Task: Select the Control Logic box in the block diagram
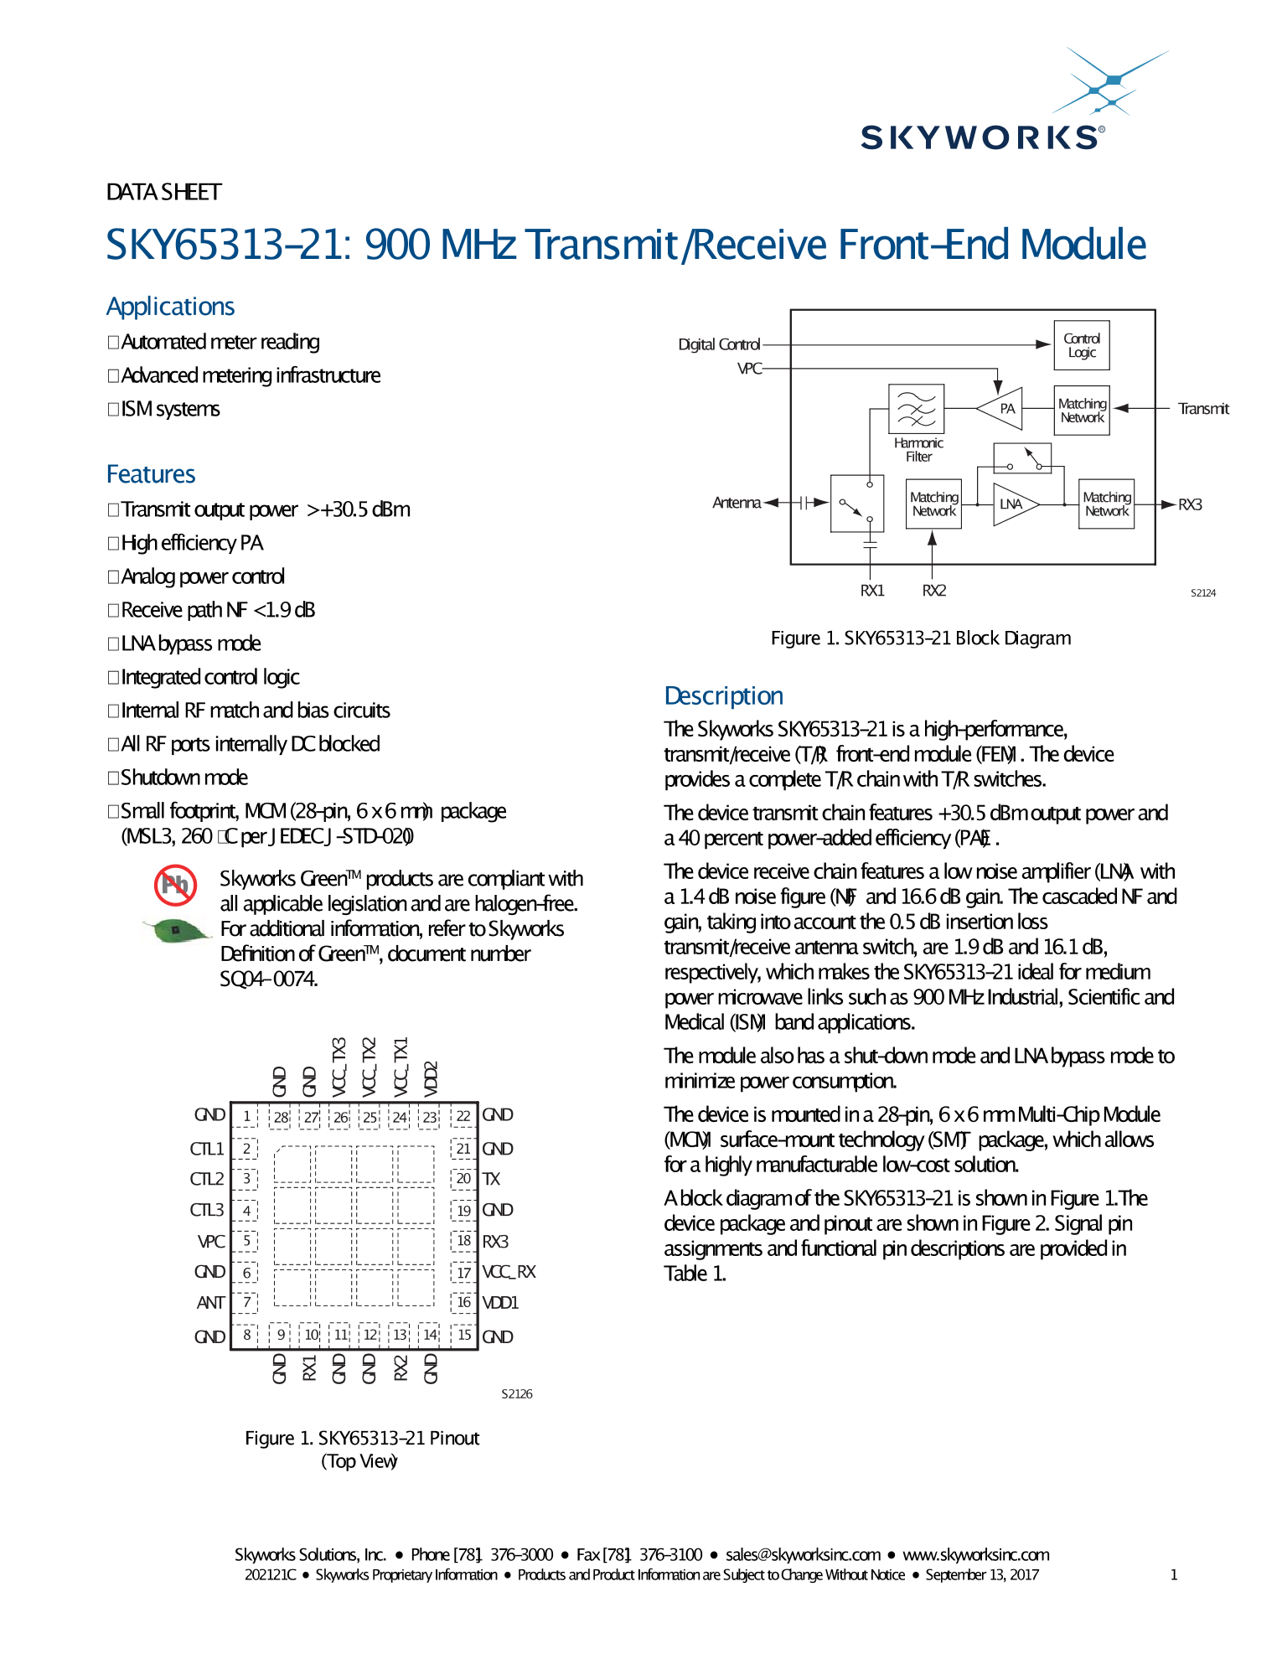point(1081,345)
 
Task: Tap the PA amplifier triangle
point(1002,408)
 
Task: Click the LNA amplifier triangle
point(1013,504)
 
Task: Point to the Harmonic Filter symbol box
point(916,409)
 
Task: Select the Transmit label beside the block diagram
point(1203,409)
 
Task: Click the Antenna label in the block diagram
point(737,503)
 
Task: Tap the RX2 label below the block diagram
point(933,591)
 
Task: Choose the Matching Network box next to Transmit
point(1082,410)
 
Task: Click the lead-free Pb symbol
point(175,885)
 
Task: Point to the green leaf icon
point(175,930)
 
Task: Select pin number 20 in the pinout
point(463,1179)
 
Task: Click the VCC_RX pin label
point(509,1272)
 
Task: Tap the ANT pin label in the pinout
point(210,1303)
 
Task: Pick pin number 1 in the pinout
point(246,1116)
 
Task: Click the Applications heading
point(170,307)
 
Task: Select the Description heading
point(723,695)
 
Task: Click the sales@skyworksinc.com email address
point(803,1555)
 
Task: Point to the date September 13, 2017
point(981,1575)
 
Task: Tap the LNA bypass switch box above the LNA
point(1021,458)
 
